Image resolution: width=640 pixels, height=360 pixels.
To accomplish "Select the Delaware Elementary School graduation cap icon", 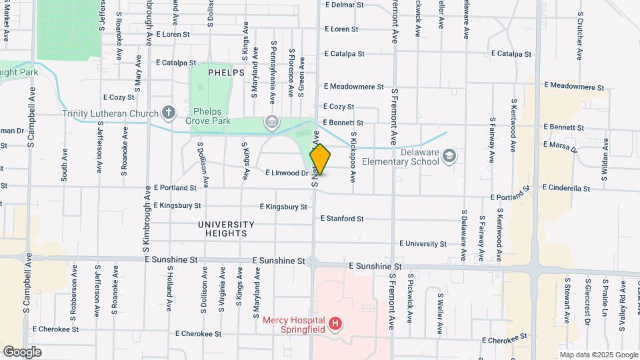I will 450,155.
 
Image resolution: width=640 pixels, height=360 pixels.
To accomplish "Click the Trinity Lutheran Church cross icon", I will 169,113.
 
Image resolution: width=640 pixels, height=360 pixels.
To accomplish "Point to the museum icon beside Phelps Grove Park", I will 271,121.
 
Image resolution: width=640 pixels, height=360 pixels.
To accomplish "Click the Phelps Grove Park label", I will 211,116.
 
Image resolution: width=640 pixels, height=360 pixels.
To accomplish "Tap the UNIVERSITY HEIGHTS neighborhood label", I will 226,229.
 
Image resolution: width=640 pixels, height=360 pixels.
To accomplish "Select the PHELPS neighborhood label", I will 226,72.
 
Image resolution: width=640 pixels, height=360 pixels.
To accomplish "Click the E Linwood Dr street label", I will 286,173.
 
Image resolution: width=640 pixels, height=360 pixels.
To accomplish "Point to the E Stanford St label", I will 341,218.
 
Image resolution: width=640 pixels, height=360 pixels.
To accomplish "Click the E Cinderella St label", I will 567,188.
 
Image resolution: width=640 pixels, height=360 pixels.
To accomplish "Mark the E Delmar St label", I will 343,5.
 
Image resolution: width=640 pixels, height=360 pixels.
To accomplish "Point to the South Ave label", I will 65,165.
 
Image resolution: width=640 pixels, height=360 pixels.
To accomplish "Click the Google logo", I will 22,352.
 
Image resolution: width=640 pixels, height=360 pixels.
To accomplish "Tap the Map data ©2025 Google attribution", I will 598,355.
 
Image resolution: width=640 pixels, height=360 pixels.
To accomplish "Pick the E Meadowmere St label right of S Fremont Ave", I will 573,87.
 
